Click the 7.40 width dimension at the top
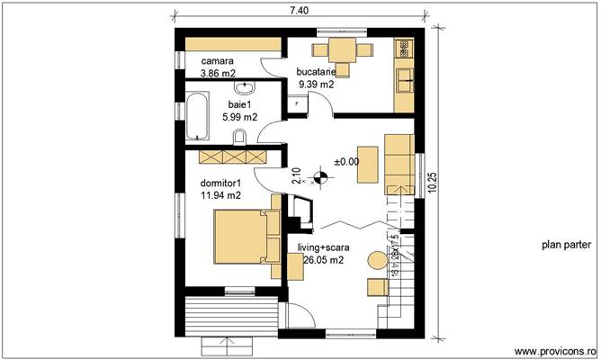click(x=299, y=10)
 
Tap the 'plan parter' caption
click(x=566, y=244)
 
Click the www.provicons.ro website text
click(x=553, y=350)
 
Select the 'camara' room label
click(x=216, y=61)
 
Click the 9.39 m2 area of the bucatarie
click(x=316, y=84)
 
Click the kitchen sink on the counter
click(x=405, y=79)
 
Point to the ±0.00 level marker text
click(x=346, y=161)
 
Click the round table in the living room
click(x=374, y=261)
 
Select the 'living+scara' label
click(x=325, y=247)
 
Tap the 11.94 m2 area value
click(x=220, y=194)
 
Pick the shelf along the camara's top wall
click(x=227, y=43)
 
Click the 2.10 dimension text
click(x=296, y=176)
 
